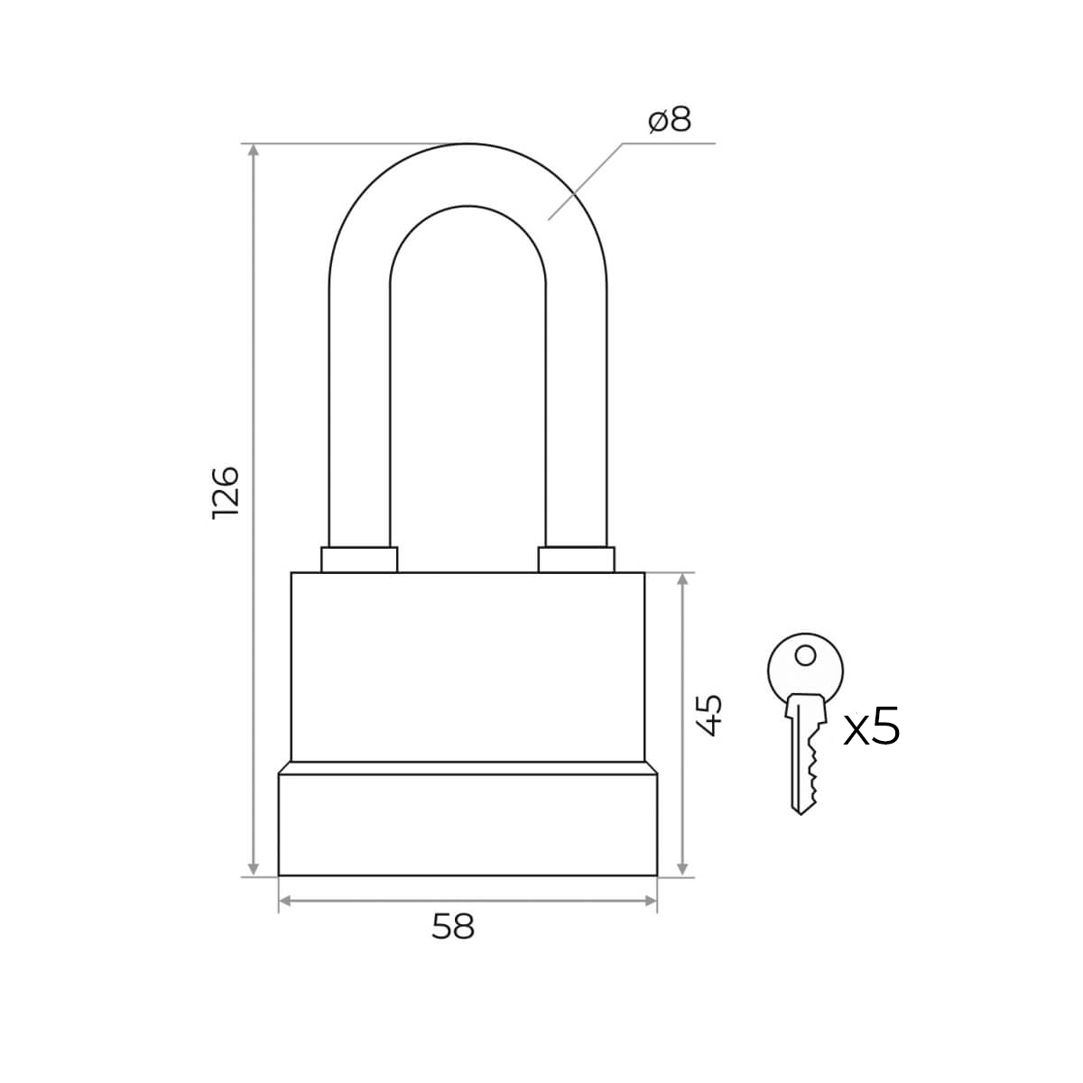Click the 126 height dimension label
tap(226, 493)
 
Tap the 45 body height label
tap(708, 716)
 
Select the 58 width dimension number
tap(453, 926)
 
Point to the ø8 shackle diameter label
tap(670, 120)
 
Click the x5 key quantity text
tap(872, 726)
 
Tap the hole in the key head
tap(806, 655)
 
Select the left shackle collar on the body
tap(359, 560)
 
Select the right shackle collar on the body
tap(576, 560)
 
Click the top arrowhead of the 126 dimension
tap(254, 151)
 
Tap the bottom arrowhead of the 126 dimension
tap(254, 869)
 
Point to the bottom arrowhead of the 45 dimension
tap(683, 869)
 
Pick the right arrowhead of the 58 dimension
tap(650, 901)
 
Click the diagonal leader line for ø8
tap(586, 181)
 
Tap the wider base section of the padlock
tap(467, 824)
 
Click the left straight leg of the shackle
tap(359, 416)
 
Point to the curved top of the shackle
tap(467, 174)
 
